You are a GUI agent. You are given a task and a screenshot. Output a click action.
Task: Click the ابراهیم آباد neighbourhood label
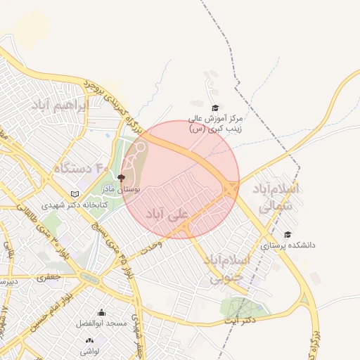59,105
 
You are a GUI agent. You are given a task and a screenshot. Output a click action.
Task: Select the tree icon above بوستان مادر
121,179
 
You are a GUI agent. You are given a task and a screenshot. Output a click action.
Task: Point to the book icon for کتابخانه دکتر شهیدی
75,194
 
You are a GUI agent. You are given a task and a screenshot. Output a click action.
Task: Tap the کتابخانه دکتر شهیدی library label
67,205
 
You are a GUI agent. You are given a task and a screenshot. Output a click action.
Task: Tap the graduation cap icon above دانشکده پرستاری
287,235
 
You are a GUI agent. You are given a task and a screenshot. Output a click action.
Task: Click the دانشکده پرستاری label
288,246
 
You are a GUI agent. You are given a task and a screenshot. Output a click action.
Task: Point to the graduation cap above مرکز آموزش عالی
215,108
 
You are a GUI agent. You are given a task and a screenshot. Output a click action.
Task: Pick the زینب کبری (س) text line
215,129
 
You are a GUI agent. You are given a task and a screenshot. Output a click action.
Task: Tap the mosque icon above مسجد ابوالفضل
102,313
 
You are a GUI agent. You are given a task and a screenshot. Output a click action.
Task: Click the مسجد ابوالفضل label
102,323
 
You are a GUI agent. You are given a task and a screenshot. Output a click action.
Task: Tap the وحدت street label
151,247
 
